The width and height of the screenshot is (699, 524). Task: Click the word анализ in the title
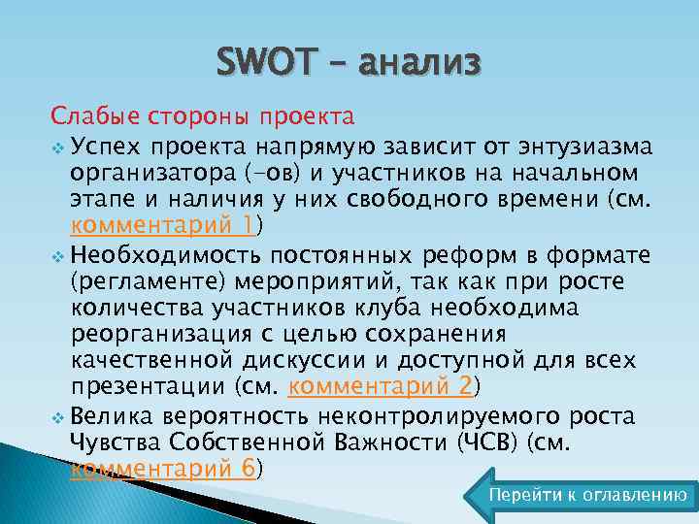click(418, 64)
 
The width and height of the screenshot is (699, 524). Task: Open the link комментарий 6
click(162, 469)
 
